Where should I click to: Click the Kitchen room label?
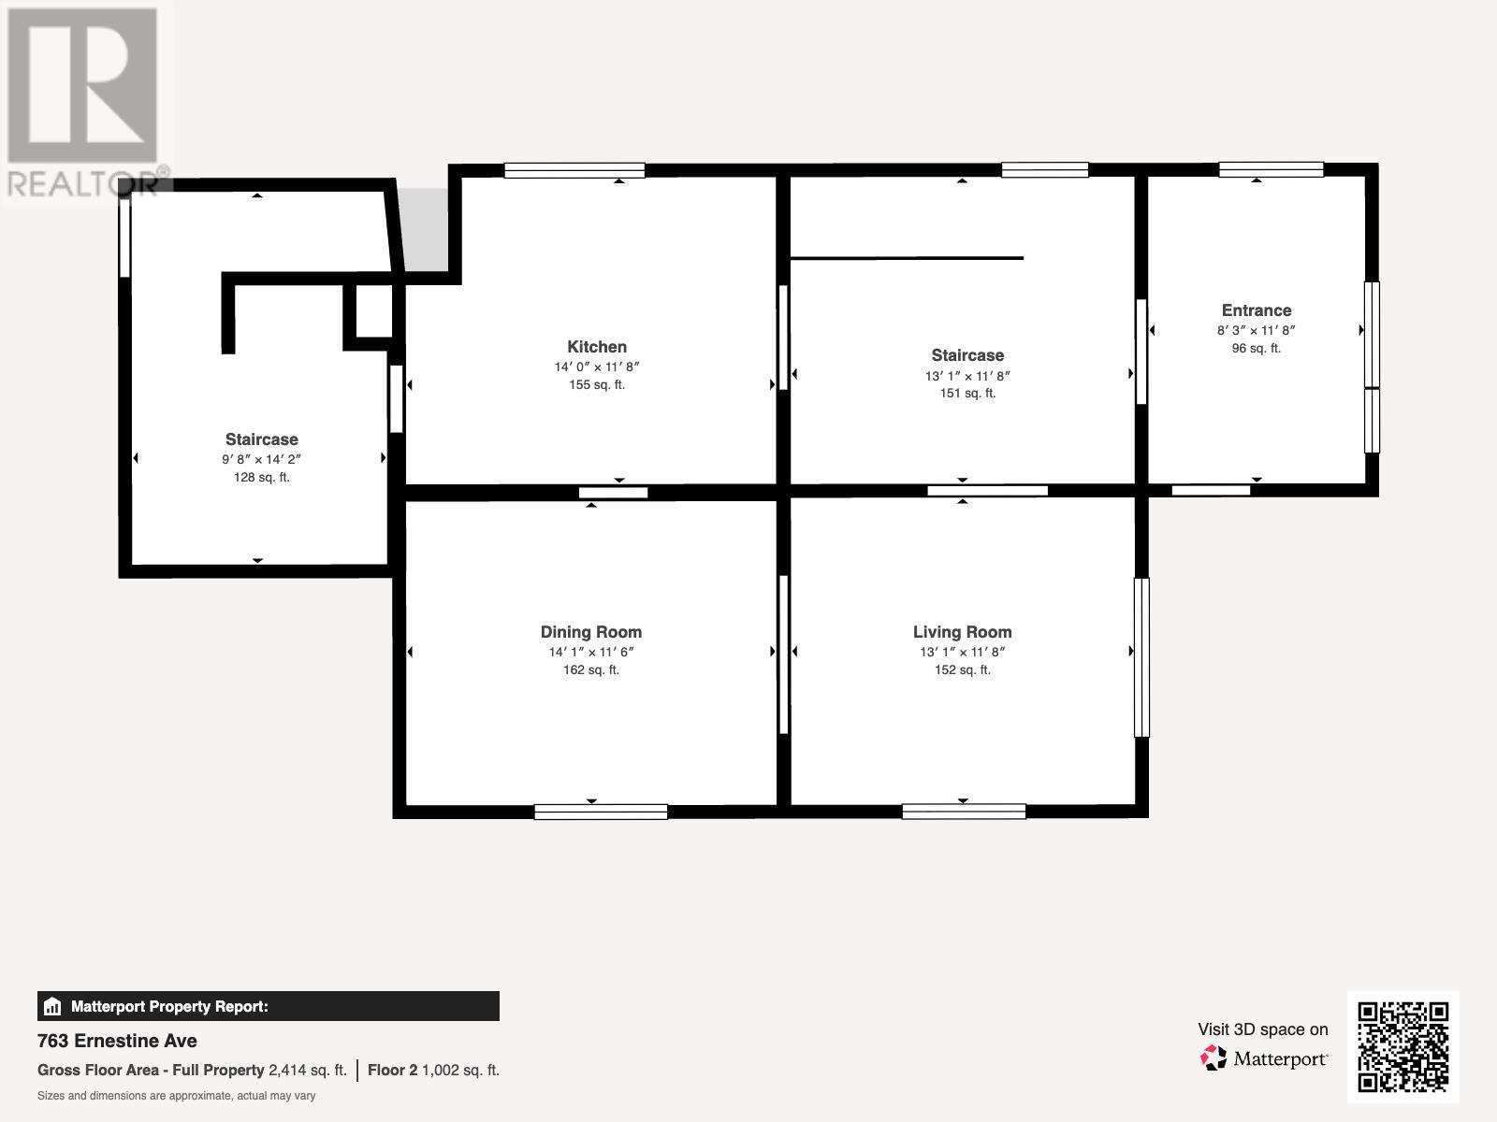click(597, 347)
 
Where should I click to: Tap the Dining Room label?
click(591, 632)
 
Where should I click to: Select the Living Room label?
click(962, 632)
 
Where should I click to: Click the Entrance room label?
click(1256, 310)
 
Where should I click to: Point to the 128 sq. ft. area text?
click(261, 478)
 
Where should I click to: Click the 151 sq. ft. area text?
click(967, 394)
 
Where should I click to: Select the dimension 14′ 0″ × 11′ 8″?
click(597, 367)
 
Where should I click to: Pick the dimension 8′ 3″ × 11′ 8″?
click(1256, 331)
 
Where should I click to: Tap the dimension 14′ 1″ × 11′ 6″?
click(591, 653)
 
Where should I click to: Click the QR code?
click(1403, 1046)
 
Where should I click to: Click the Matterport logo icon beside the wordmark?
click(1214, 1058)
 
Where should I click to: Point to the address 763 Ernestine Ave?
click(117, 1041)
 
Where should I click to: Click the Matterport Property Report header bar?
click(269, 1006)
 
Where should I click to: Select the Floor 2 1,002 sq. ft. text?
click(433, 1071)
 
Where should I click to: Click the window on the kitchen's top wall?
click(574, 170)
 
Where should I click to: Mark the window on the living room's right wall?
click(1141, 657)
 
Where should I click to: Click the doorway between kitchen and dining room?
click(613, 493)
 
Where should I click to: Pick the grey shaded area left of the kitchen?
click(427, 229)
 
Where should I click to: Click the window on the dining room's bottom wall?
click(601, 812)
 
